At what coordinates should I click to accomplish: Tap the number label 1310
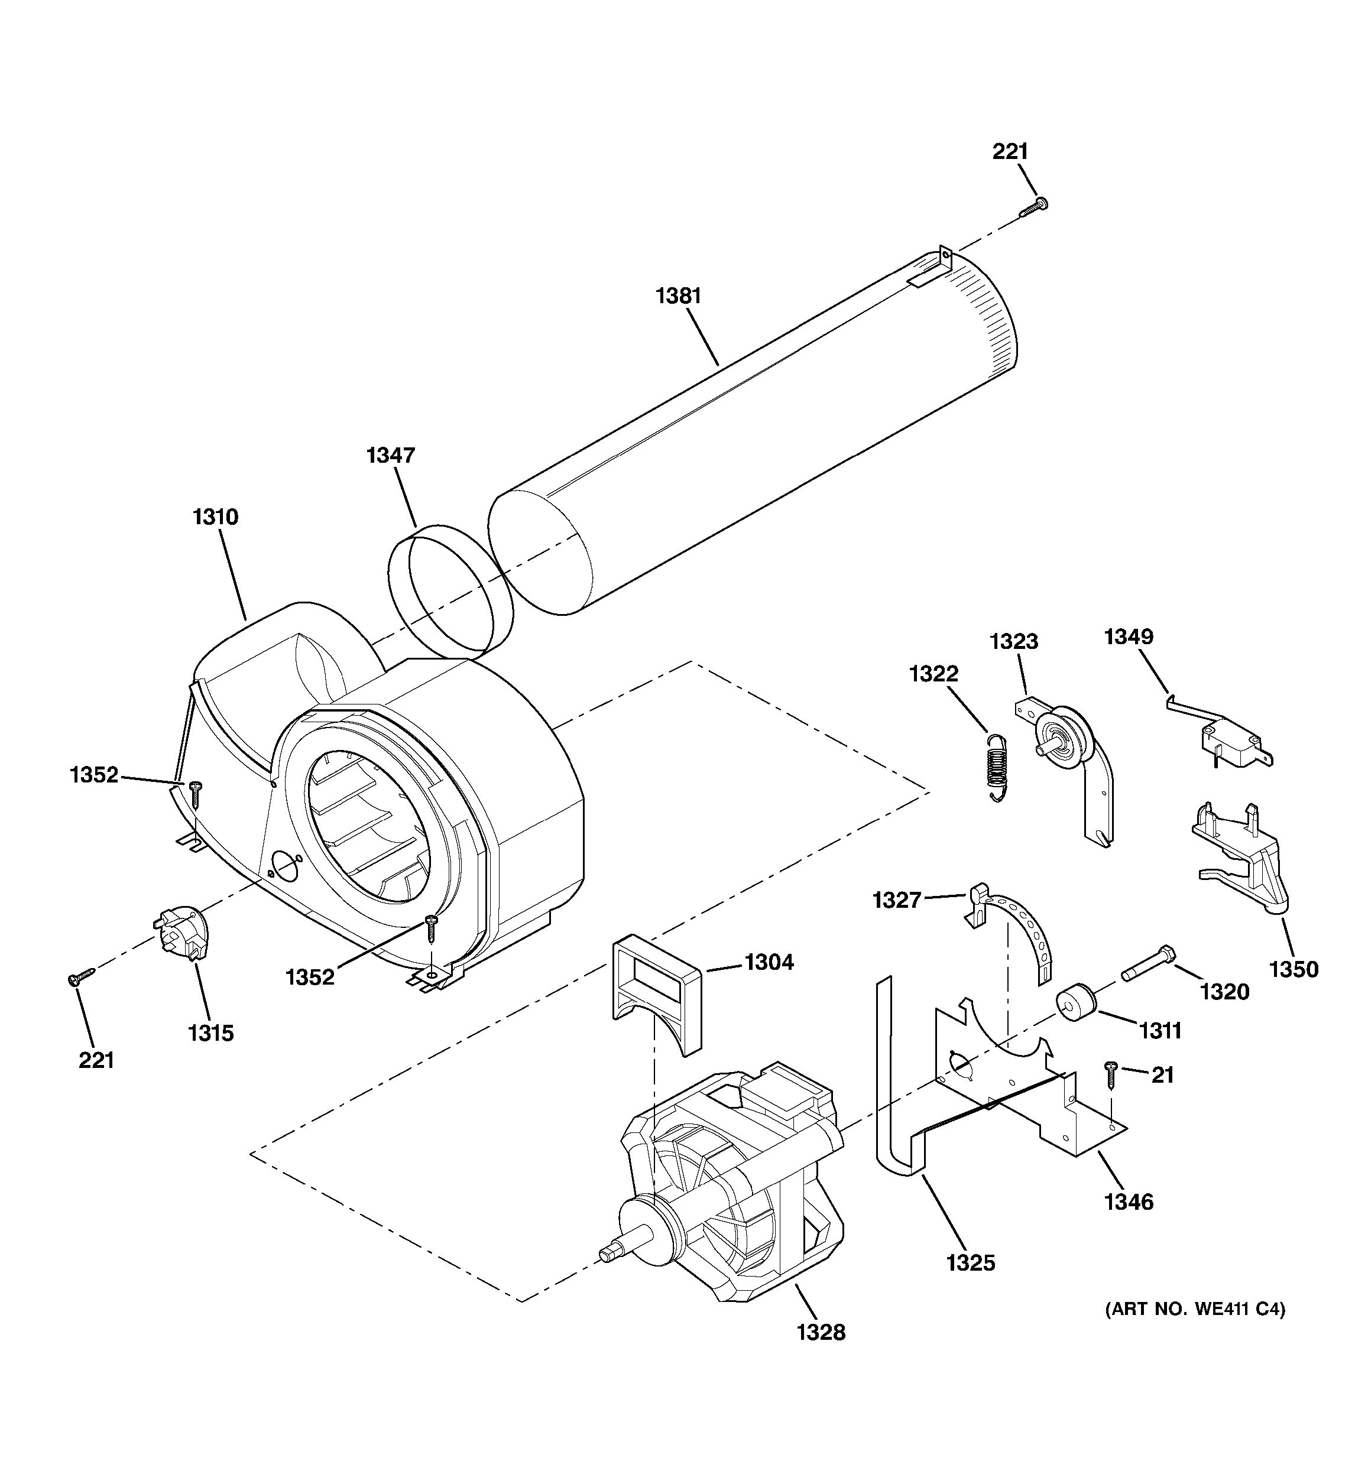(x=215, y=517)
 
